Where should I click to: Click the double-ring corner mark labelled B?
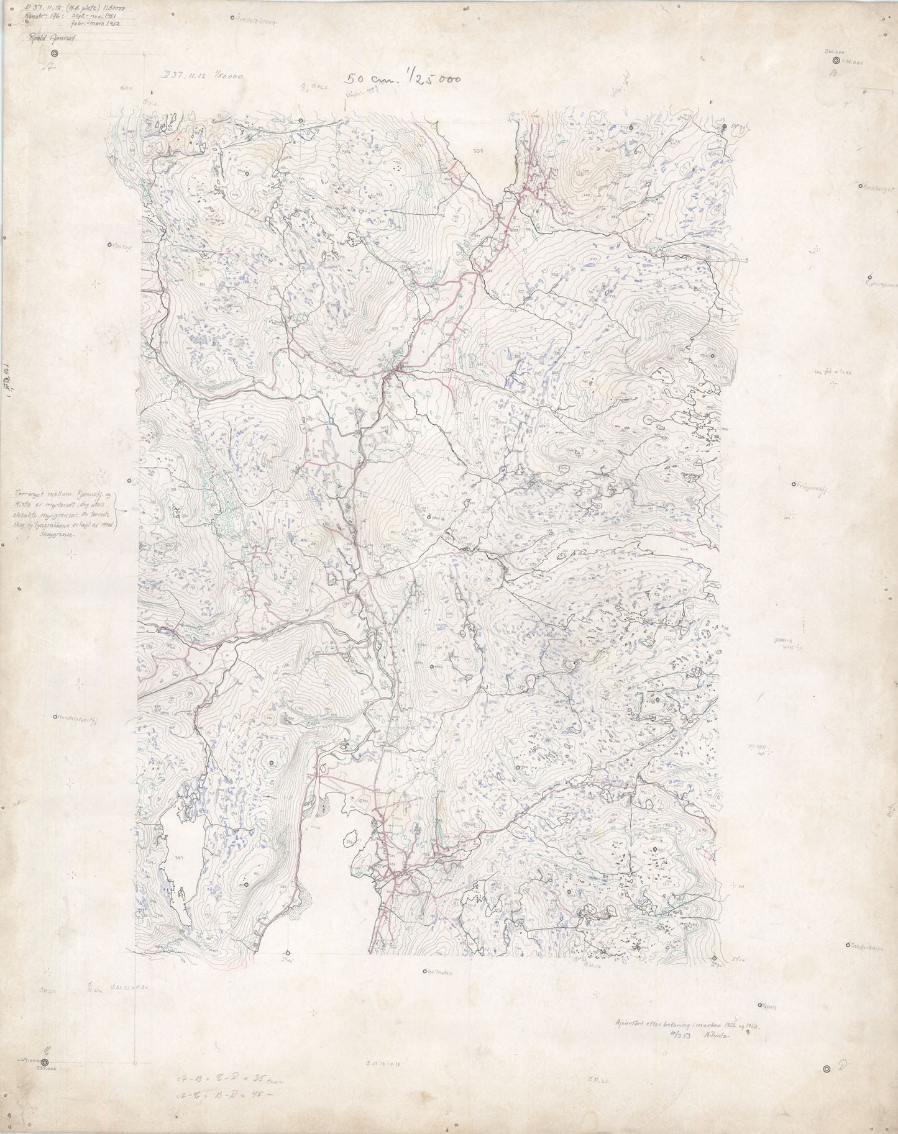click(x=836, y=61)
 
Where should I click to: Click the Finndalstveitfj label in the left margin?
click(x=78, y=716)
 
